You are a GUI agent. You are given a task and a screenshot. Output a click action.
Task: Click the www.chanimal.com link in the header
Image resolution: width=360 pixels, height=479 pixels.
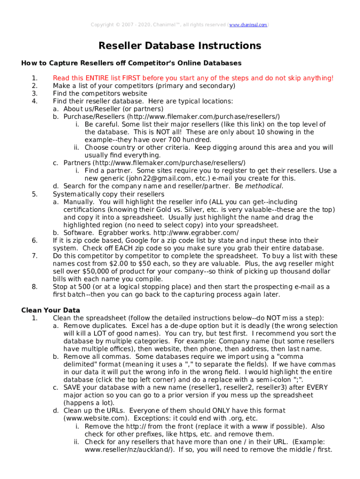point(248,24)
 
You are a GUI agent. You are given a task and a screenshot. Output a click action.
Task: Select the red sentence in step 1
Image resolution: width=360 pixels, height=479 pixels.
point(193,78)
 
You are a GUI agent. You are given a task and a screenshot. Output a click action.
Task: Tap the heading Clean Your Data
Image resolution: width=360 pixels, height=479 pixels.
point(50,310)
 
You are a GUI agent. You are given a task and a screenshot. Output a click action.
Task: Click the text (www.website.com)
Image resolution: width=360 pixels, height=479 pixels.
point(95,418)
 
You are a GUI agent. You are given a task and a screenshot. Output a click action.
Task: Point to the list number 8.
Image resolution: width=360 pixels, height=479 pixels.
point(34,287)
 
